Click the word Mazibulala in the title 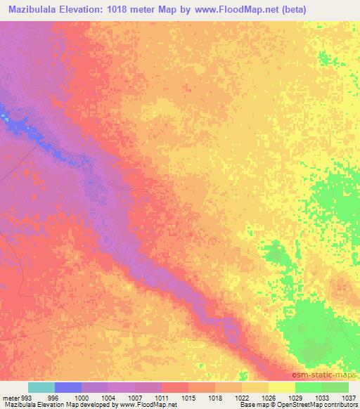[31, 8]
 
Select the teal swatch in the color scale [41, 387]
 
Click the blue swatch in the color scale [68, 387]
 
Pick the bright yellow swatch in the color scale [281, 387]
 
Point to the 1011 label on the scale [162, 397]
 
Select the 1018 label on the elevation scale [216, 397]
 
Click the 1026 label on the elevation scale [269, 397]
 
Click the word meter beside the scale [8, 397]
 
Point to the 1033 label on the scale [323, 397]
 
